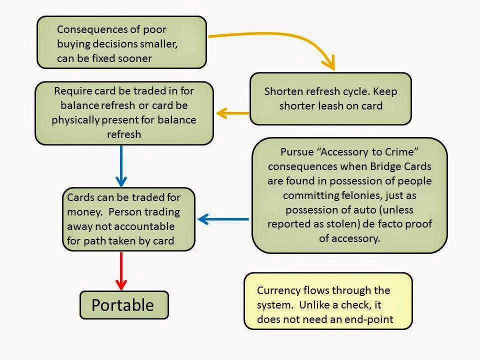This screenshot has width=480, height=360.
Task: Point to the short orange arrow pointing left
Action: pos(233,113)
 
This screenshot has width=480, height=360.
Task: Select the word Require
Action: pos(72,91)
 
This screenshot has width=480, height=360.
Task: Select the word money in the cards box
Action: pos(83,212)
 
